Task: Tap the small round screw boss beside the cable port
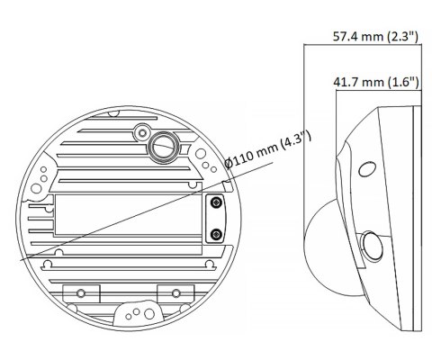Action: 139,132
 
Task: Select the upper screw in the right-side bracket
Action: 215,205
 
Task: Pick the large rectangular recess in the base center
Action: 126,216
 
